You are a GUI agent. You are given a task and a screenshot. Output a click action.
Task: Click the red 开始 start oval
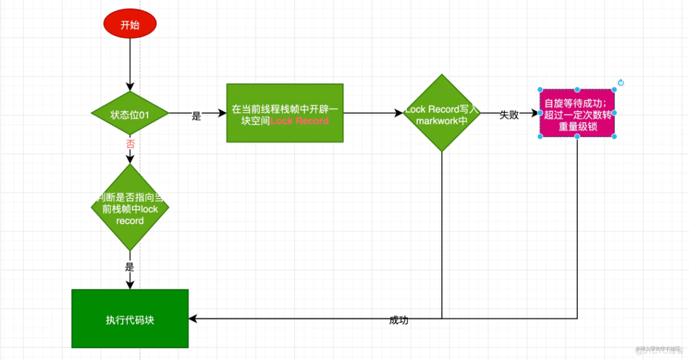coord(130,24)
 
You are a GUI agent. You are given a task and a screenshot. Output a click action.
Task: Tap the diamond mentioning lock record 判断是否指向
coord(130,208)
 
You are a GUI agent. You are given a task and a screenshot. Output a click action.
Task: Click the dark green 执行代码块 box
coord(130,319)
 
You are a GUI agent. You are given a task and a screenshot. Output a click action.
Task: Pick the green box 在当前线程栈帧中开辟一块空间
coord(285,113)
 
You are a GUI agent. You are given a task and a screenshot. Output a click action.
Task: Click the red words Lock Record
coord(300,121)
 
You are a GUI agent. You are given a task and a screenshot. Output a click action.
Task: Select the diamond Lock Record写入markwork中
coord(442,113)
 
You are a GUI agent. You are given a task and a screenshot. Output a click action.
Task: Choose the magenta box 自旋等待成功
coord(577,113)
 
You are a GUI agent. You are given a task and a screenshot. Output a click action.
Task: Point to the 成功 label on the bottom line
coord(399,320)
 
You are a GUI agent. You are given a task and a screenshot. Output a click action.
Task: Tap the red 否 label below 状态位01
coord(130,144)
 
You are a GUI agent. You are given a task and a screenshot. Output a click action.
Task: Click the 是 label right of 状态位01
coord(196,116)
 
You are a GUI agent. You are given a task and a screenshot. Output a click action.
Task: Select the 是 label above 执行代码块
coord(130,268)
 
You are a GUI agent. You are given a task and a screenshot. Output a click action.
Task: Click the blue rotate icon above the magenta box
coord(620,83)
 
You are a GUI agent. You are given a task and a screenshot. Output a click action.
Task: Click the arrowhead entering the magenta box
coord(535,113)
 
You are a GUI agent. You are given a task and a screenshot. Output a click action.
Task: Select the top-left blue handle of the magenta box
coord(540,90)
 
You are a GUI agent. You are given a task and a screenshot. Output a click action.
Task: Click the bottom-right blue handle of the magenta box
coord(614,136)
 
